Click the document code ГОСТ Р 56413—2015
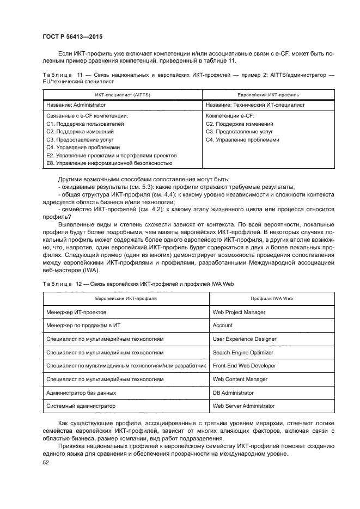coord(72,37)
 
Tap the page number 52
coord(45,462)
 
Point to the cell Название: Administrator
coord(76,105)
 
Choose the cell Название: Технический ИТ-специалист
coord(255,105)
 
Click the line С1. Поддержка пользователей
coord(85,124)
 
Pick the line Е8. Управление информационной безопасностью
coord(109,163)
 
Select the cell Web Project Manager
coord(239,312)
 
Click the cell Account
coord(222,326)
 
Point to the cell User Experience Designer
coord(244,339)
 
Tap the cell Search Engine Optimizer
coord(242,352)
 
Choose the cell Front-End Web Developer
coord(244,366)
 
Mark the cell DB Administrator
coord(233,393)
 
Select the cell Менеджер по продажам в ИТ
coord(80,326)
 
